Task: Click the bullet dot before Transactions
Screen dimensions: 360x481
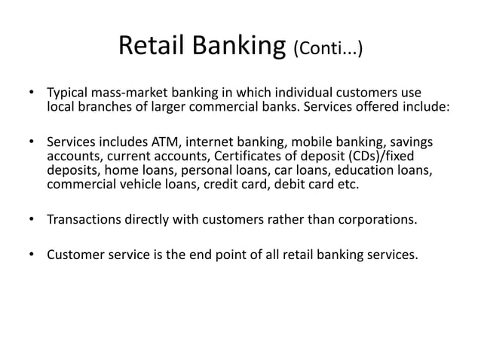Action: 31,219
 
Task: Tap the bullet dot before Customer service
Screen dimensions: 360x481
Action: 31,255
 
